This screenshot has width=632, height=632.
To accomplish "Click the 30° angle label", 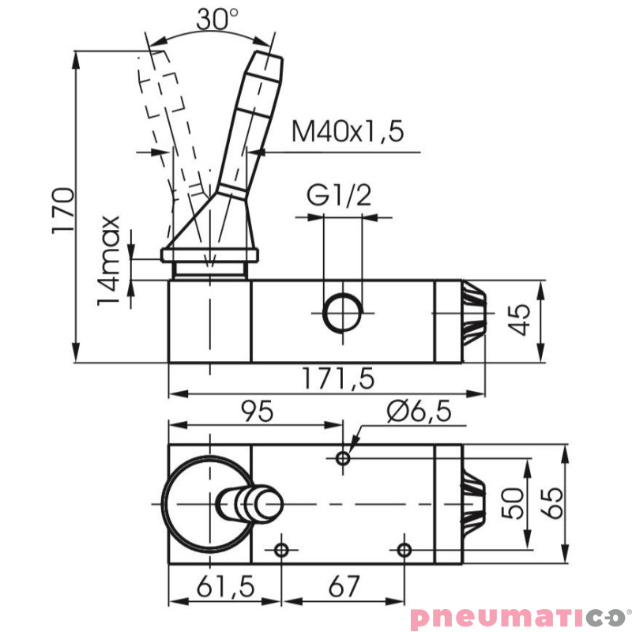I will click(216, 18).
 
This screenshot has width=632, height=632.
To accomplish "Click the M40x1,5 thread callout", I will click(348, 130).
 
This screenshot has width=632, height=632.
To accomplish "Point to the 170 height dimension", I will click(62, 210).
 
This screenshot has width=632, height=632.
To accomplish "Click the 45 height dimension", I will click(518, 321).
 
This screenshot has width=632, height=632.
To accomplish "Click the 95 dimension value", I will click(256, 411).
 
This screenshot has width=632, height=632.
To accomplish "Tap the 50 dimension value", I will click(514, 502).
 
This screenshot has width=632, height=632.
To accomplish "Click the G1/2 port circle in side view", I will click(341, 311).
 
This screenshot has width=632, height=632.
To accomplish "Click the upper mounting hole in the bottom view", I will click(342, 457).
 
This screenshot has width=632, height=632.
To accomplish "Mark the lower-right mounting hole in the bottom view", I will click(404, 549).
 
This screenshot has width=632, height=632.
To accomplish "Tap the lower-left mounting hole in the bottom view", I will click(280, 549).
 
